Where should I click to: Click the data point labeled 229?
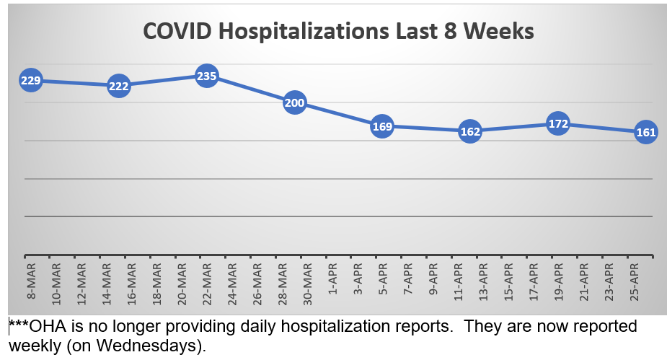pos(30,81)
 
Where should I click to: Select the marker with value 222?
pos(119,86)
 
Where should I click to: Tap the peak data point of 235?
pos(207,76)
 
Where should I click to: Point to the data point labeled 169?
pos(383,127)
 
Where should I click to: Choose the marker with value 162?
pos(470,131)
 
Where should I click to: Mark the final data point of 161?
pos(646,132)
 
